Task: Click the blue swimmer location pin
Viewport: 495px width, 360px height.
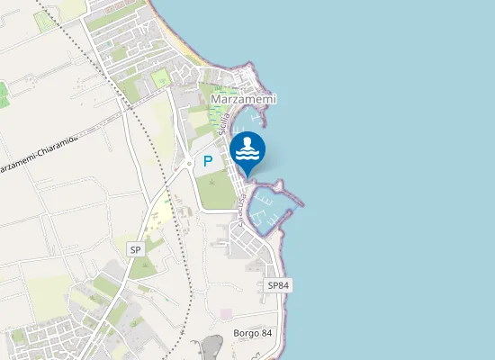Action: (247, 151)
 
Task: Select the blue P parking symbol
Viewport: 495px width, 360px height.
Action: (208, 162)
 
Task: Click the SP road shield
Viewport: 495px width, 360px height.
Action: (136, 249)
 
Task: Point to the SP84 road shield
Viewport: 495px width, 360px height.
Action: (278, 284)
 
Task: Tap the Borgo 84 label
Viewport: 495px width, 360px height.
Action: (253, 334)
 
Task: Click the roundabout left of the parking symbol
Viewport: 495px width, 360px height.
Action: (189, 163)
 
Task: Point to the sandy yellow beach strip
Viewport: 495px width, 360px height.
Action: (180, 36)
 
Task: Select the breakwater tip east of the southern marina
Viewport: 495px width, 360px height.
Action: (301, 202)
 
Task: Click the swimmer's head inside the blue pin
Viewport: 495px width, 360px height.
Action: (247, 142)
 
